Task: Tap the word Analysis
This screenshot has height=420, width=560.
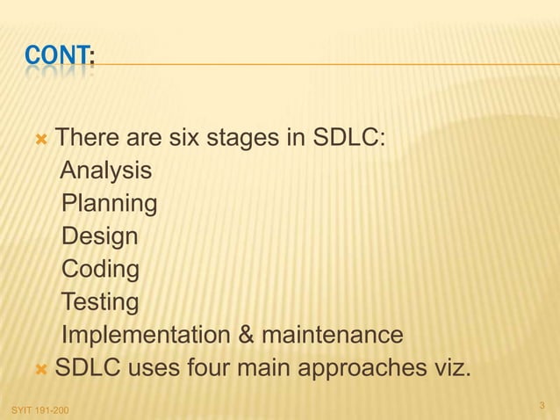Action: click(x=105, y=170)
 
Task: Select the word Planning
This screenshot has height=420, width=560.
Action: click(x=110, y=204)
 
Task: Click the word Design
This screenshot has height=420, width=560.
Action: click(x=99, y=237)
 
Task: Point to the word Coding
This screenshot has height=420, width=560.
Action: click(x=100, y=270)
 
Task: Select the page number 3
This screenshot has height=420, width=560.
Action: click(x=542, y=405)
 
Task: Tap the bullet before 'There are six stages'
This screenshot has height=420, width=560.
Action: click(x=40, y=139)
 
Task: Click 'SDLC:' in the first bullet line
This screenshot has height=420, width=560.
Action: click(x=348, y=138)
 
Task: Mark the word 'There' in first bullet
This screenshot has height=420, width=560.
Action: click(x=83, y=138)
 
